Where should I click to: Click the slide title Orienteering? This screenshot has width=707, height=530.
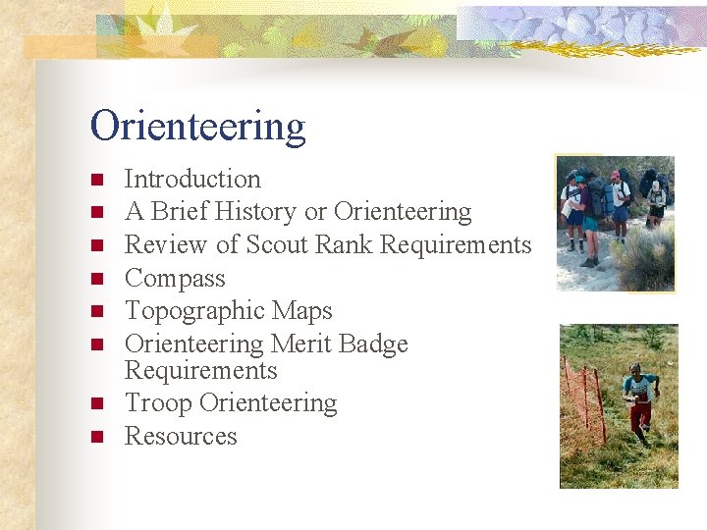[x=197, y=127]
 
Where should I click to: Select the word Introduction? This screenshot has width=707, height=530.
[x=192, y=179]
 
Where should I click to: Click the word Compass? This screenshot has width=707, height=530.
[x=175, y=279]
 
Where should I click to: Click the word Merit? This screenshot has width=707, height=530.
[x=301, y=344]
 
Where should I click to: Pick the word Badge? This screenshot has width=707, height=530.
[x=374, y=344]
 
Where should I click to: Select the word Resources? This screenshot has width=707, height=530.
[x=181, y=436]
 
